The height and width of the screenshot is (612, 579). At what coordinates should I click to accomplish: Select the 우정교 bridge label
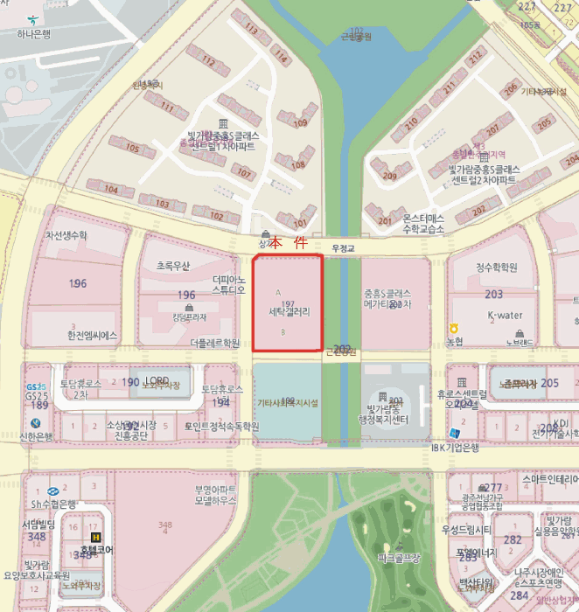point(342,248)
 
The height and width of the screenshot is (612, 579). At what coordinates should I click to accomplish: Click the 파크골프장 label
point(400,557)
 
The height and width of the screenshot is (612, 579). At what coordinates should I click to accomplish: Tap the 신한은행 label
point(36,435)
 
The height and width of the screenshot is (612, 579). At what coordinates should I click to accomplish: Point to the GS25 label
point(36,386)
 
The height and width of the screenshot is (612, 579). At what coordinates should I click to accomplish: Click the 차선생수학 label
point(66,236)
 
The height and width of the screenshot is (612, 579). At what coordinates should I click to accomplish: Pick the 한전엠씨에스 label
point(92,335)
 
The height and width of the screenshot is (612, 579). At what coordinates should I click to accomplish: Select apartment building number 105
point(133,148)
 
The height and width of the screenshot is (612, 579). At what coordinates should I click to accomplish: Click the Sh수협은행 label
point(53,504)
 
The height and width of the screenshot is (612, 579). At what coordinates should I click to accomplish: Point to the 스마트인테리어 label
point(549,480)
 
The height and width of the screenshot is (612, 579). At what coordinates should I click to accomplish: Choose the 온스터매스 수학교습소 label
point(411,223)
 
